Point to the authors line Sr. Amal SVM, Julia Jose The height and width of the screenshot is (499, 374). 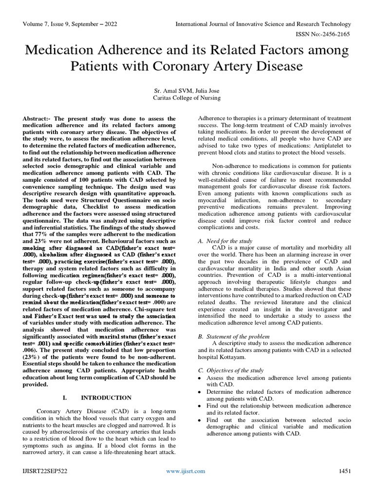click(187, 90)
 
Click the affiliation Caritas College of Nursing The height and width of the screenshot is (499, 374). click(187, 97)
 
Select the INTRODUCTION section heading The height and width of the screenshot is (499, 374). click(106, 398)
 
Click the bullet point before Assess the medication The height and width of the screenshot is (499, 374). click(200, 378)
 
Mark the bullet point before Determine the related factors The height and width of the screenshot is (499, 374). click(200, 392)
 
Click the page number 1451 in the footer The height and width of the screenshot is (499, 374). click(345, 471)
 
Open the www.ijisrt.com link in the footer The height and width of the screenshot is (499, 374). click(186, 471)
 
